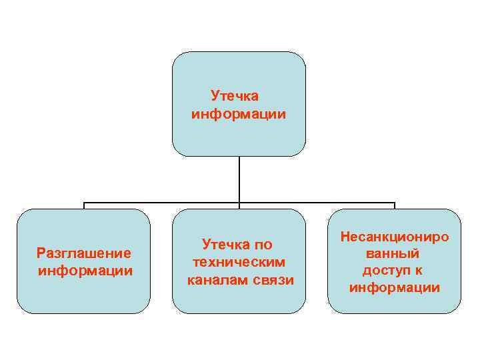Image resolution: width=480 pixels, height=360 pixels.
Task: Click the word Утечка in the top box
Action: click(x=234, y=97)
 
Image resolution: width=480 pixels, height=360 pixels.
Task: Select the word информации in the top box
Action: click(x=239, y=115)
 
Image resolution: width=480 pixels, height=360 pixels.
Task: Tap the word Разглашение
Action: click(x=84, y=253)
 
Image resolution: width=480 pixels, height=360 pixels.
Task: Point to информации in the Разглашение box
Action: click(x=85, y=271)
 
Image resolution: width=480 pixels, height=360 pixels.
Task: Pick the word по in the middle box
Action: click(x=263, y=245)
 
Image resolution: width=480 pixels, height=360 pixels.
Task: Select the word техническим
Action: click(x=239, y=262)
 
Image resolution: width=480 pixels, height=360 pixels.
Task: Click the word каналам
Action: click(x=217, y=279)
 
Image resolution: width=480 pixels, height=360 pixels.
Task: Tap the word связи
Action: click(x=273, y=279)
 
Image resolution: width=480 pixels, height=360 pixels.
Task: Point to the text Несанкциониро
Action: click(x=395, y=237)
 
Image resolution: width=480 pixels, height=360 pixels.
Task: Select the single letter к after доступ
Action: click(x=419, y=271)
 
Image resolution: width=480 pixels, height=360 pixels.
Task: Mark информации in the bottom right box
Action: click(x=395, y=288)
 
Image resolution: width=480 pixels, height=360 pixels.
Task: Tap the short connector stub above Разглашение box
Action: click(x=84, y=205)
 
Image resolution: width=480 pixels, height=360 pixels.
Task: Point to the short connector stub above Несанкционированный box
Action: click(x=395, y=205)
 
